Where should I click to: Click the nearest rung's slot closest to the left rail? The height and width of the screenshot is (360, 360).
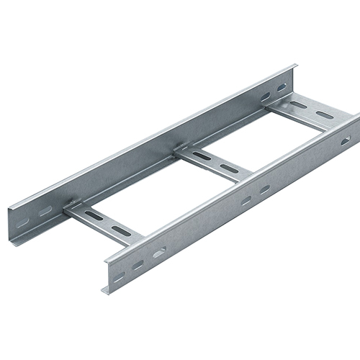coord(92,215)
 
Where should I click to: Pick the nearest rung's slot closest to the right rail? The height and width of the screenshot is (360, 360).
coord(119,230)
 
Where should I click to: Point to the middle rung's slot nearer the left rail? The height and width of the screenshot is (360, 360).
coord(202,156)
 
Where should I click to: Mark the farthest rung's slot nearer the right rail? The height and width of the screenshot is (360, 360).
coord(325,114)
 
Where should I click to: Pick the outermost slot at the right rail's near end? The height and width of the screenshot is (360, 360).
coord(117,277)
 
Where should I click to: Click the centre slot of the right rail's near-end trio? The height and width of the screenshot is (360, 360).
coord(137,265)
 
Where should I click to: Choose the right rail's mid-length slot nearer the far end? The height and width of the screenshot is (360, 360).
coord(264,189)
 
